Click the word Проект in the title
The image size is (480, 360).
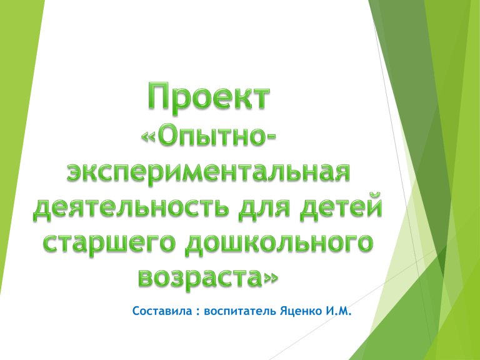point(209,96)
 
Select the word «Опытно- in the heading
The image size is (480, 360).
point(209,136)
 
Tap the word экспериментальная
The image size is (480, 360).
point(208,172)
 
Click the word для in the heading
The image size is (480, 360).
point(264,209)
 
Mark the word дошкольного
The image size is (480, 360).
point(279,243)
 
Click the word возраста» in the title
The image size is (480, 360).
point(209,277)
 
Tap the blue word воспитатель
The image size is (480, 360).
point(240,312)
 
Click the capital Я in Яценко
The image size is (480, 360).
point(284,311)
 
